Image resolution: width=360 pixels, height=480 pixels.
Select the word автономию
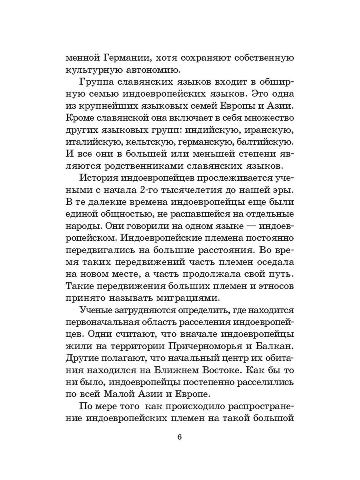pyautogui.click(x=150, y=71)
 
